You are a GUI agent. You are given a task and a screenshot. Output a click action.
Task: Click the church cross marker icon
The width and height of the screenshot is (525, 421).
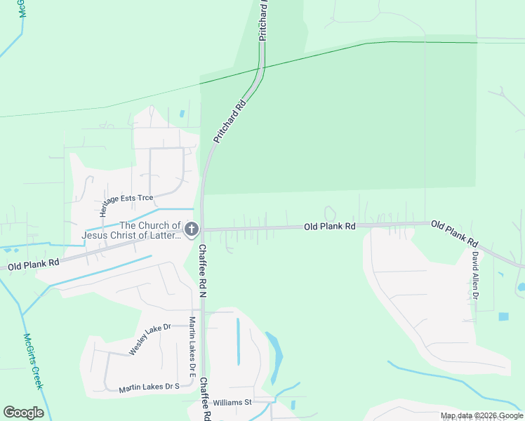click(x=190, y=229)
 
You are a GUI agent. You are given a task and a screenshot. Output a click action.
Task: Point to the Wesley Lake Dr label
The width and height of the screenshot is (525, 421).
click(x=149, y=338)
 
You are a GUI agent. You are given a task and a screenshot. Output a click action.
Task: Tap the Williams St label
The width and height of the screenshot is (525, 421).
click(x=232, y=402)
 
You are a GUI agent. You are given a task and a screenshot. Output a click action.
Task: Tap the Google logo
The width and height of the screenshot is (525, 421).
click(x=23, y=413)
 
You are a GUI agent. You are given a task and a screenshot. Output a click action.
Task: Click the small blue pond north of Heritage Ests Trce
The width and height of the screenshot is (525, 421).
click(x=182, y=113)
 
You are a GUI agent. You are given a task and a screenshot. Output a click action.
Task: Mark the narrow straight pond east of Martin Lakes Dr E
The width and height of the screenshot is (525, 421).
click(x=238, y=342)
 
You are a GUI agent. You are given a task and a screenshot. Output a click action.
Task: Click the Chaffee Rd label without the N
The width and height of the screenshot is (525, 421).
click(x=205, y=399)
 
